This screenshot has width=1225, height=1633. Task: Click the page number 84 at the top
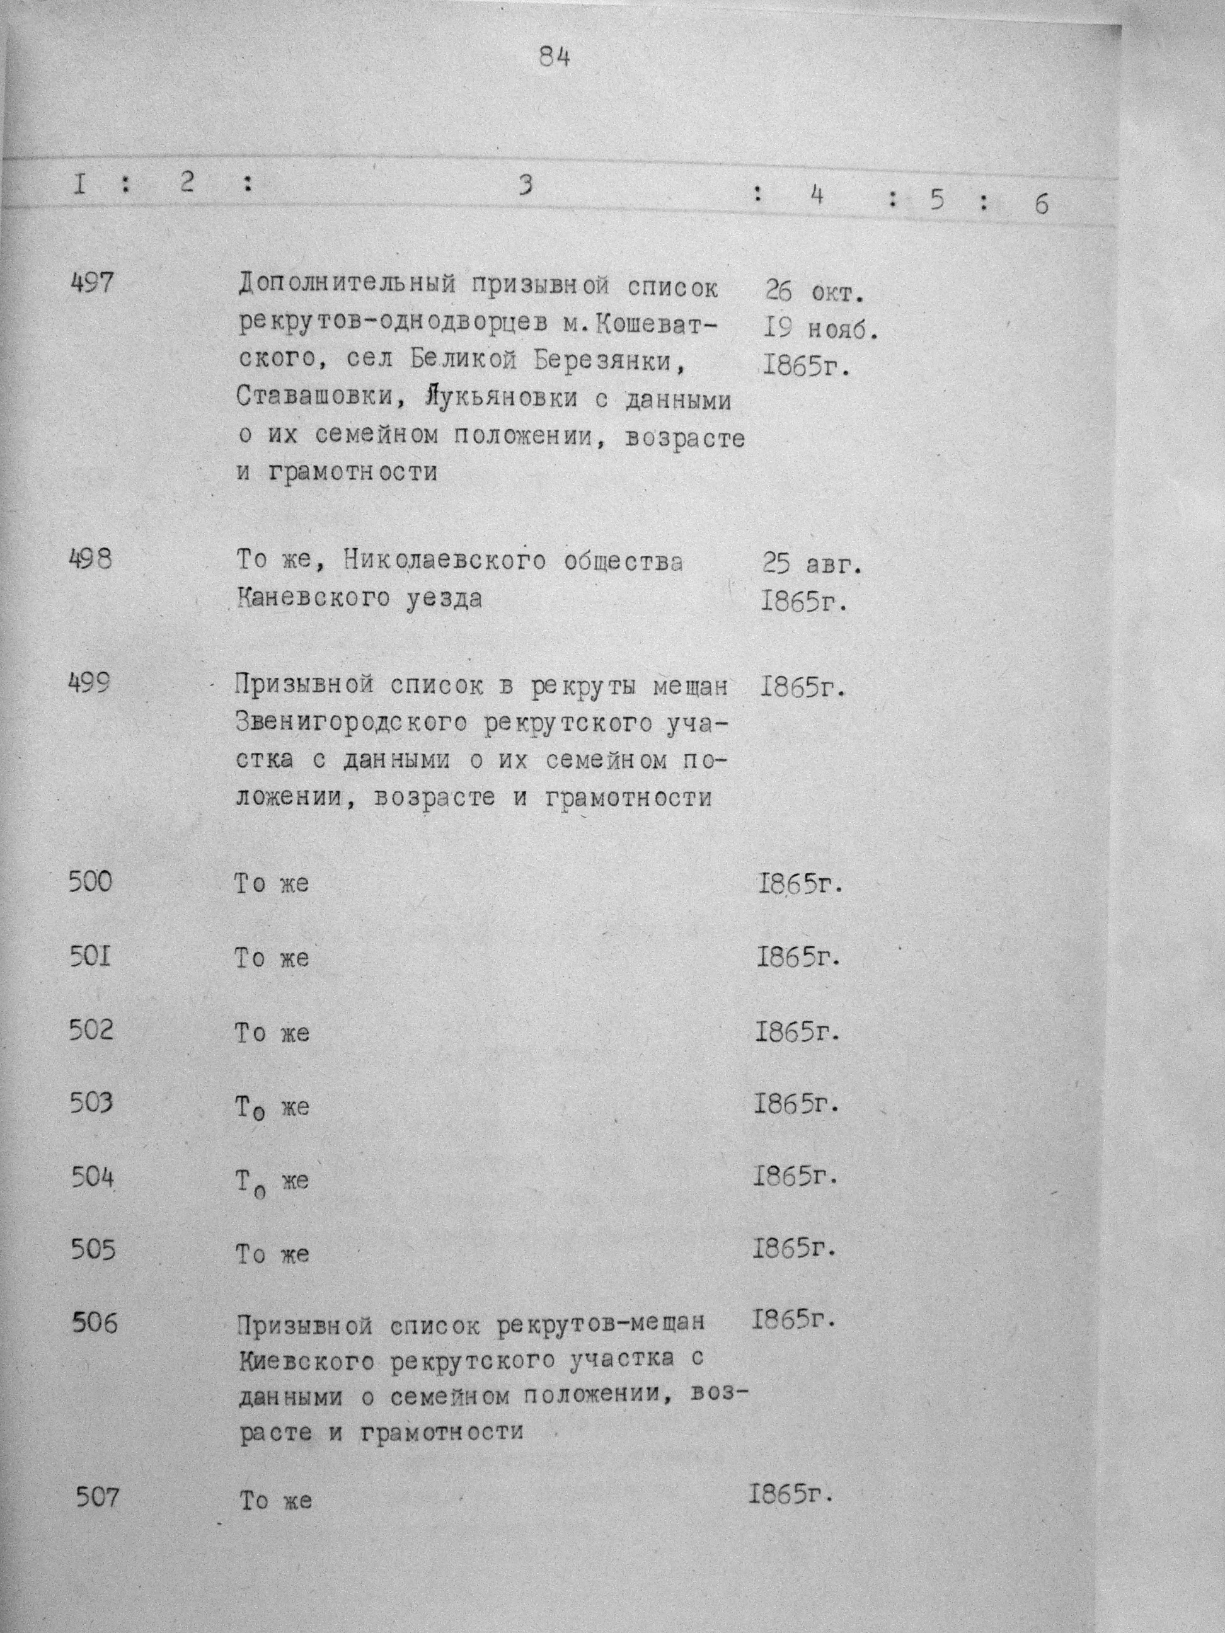[554, 57]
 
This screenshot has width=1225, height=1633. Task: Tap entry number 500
[91, 881]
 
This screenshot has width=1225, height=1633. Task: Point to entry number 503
[92, 1104]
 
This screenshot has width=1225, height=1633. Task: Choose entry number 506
[95, 1324]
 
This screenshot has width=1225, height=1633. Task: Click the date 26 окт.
[814, 293]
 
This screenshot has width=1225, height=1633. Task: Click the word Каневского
[311, 598]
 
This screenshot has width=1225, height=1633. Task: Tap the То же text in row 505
[272, 1254]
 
